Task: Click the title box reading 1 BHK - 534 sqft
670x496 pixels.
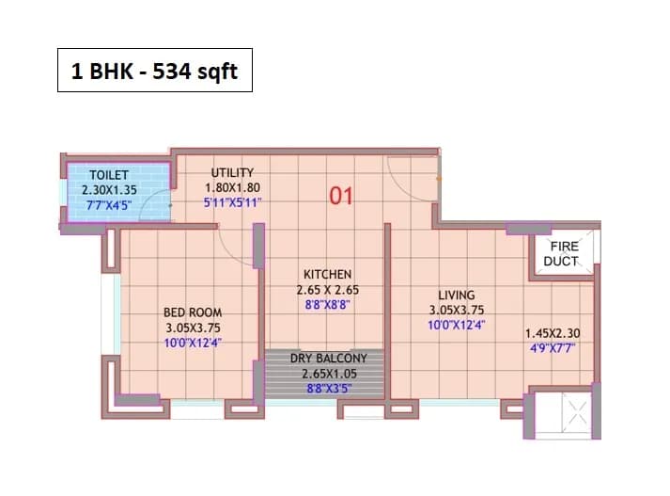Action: coord(155,71)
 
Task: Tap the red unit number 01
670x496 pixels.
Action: coord(340,197)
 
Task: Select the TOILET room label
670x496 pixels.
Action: coord(109,175)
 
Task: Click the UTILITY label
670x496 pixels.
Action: coord(232,172)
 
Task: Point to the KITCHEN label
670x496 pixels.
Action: coord(327,275)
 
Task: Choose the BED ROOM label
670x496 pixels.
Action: coord(192,312)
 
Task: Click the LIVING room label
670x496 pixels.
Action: coord(456,295)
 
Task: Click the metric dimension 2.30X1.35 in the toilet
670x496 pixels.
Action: coord(109,188)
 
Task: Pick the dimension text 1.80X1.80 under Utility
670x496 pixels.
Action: coord(232,186)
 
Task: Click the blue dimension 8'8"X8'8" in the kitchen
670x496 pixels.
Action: coord(327,305)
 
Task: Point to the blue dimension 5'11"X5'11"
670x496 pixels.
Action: coord(232,200)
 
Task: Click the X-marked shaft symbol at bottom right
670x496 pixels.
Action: coord(575,410)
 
